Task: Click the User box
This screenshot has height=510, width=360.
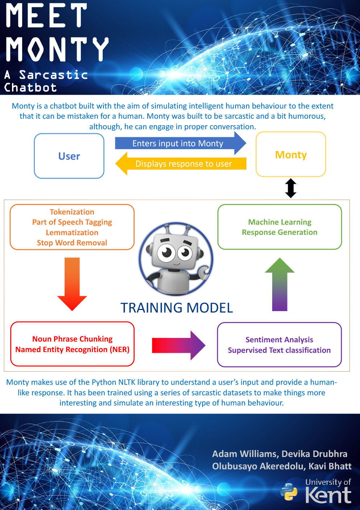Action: (x=69, y=156)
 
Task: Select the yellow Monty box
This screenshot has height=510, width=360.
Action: (x=291, y=154)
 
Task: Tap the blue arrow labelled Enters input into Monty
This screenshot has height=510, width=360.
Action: (x=180, y=143)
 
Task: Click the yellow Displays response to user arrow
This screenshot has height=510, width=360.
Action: (x=181, y=163)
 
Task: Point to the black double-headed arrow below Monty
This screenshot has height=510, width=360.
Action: (x=291, y=188)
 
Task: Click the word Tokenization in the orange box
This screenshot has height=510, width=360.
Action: (x=72, y=212)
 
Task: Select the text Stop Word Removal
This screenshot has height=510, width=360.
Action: (x=72, y=243)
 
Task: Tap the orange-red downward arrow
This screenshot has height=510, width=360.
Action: (x=72, y=284)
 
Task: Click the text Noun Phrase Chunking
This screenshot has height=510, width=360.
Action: (x=72, y=339)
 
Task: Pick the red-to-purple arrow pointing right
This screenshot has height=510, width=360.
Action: (x=179, y=346)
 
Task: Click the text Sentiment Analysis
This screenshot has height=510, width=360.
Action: (x=279, y=340)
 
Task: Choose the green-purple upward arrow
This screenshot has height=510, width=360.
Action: (x=280, y=284)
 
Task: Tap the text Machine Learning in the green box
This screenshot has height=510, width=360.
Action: (x=280, y=222)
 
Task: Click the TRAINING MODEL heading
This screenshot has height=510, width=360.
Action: (x=177, y=308)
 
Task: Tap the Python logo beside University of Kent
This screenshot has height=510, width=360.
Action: (x=289, y=492)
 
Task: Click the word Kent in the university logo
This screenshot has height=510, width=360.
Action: (x=328, y=495)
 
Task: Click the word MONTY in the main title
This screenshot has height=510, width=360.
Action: (x=57, y=49)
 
